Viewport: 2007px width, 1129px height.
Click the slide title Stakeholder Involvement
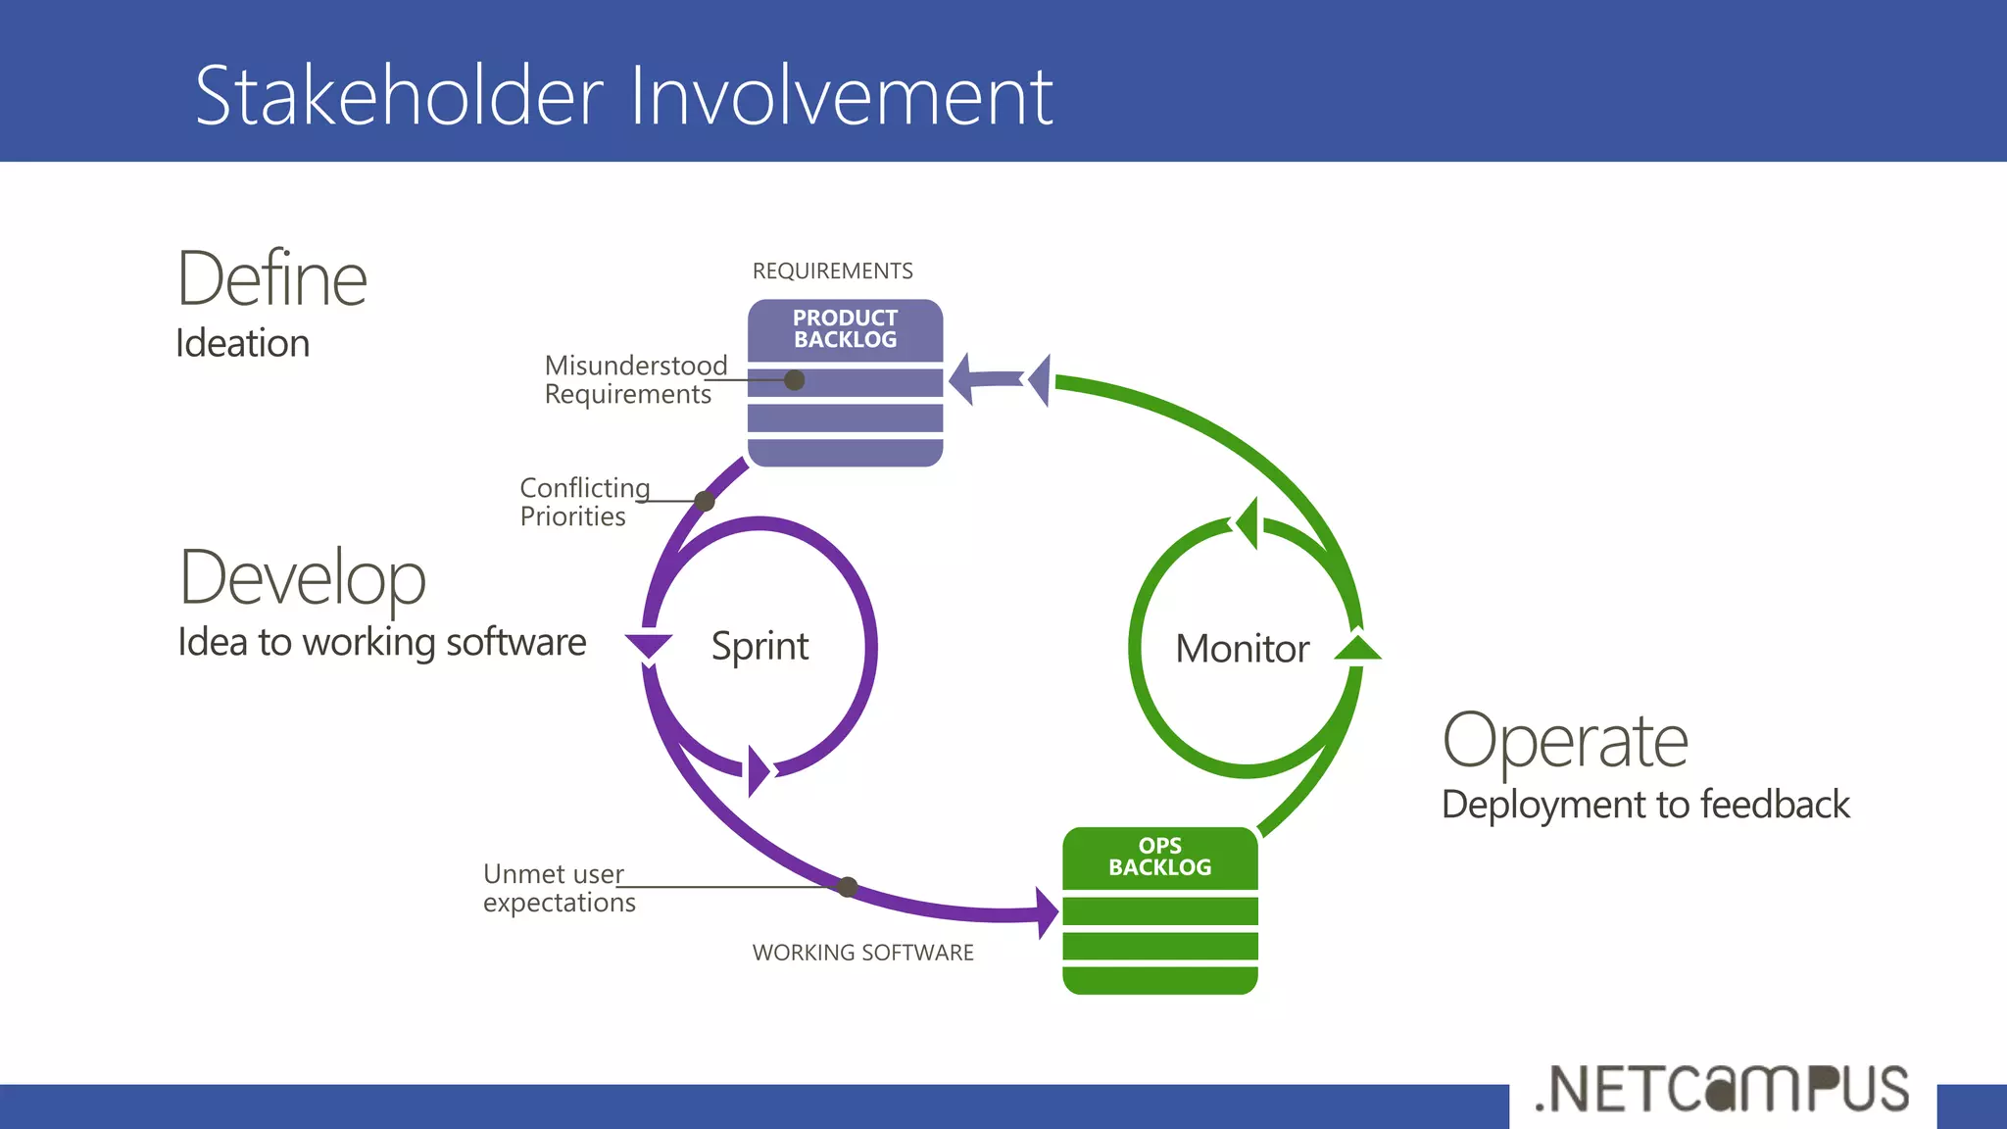[623, 96]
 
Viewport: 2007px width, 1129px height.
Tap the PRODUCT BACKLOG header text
[845, 329]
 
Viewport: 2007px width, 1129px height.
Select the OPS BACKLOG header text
[1159, 857]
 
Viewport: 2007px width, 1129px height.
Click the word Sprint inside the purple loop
[759, 647]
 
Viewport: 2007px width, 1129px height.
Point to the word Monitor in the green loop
[1242, 649]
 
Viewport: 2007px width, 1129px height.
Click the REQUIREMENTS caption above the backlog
[832, 271]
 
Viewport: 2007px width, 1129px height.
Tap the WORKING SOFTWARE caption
[862, 953]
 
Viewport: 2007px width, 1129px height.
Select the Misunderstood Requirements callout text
[635, 379]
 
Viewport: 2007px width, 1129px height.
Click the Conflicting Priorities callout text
[584, 502]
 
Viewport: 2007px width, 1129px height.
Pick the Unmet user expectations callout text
[559, 888]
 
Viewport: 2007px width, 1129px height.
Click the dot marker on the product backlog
[795, 380]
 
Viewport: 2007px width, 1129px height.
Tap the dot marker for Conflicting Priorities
[705, 502]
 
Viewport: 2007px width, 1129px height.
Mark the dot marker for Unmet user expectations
[849, 887]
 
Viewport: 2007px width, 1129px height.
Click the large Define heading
[271, 280]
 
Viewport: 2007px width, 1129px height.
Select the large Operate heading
[1565, 741]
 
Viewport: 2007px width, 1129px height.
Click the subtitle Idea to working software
[381, 643]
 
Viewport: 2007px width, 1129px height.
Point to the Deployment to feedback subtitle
[1645, 805]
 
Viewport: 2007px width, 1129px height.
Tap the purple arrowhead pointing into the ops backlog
[1048, 912]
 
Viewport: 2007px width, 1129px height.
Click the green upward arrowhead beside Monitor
[1357, 648]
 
